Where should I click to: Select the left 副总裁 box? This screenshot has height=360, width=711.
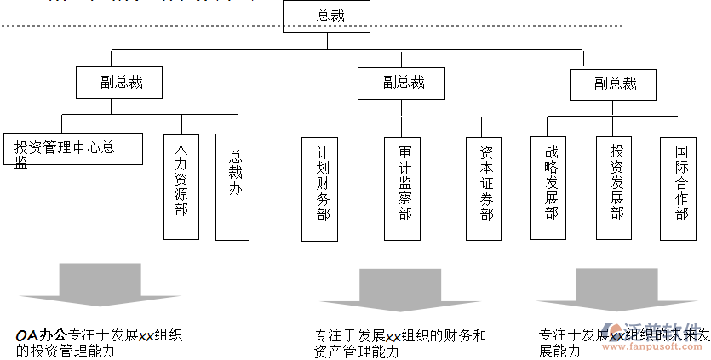point(119,82)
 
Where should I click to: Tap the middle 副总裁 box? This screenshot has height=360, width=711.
point(402,82)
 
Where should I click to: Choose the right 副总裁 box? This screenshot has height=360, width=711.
point(613,83)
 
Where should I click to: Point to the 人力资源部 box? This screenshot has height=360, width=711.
point(181,186)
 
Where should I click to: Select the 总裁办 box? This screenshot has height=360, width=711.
point(234,186)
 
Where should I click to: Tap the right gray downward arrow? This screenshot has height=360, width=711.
point(616,289)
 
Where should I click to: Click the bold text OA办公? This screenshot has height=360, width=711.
point(41,335)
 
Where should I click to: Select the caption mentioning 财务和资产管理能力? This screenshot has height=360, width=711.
point(400,343)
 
